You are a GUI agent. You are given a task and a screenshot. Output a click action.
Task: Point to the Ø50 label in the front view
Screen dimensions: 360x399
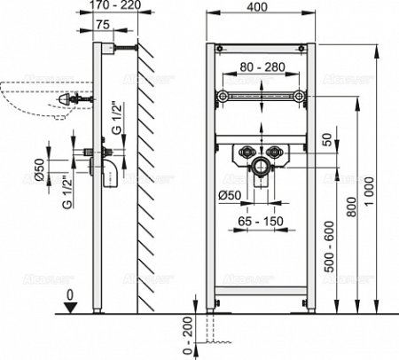229,195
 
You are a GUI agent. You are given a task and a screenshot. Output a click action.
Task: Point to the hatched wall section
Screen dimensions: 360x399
147,177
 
